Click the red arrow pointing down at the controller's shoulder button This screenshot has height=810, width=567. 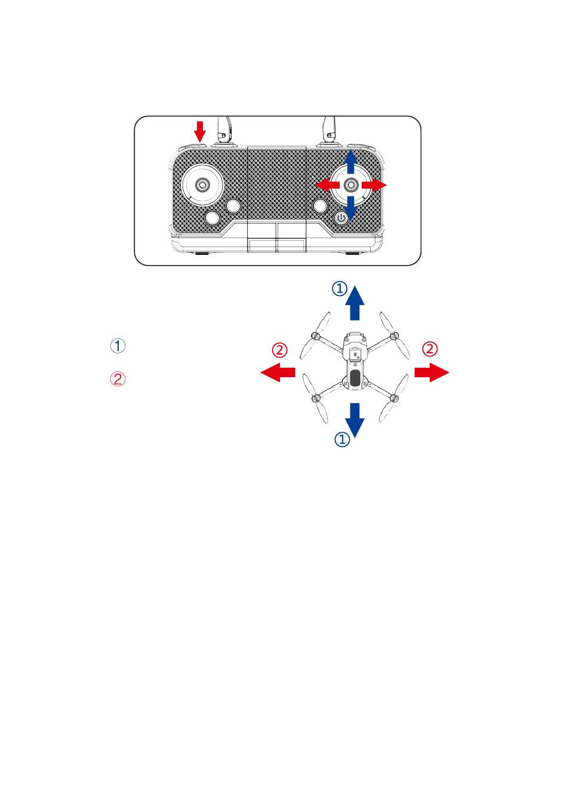[x=199, y=132]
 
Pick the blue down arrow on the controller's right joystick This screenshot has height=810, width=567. [x=350, y=208]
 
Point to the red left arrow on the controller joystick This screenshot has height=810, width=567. [x=327, y=185]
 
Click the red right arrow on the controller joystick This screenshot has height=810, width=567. [x=374, y=185]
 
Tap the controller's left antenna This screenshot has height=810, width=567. [x=223, y=131]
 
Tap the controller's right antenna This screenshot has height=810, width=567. [x=329, y=131]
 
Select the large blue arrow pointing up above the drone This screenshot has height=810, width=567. [x=355, y=303]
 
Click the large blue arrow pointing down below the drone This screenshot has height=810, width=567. [x=355, y=420]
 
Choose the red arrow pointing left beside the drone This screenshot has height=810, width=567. [x=278, y=372]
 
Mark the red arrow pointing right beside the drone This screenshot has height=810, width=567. [x=432, y=372]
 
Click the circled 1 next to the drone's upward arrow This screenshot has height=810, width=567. [x=340, y=288]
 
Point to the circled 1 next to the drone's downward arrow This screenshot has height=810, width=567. [x=342, y=439]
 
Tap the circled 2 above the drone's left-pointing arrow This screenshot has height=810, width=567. [x=279, y=350]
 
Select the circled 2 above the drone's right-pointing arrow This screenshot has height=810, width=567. [x=430, y=349]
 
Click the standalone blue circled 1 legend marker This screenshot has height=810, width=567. [x=118, y=346]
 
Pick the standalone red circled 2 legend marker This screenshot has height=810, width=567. [x=118, y=379]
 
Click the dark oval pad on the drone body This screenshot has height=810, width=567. [x=356, y=378]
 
